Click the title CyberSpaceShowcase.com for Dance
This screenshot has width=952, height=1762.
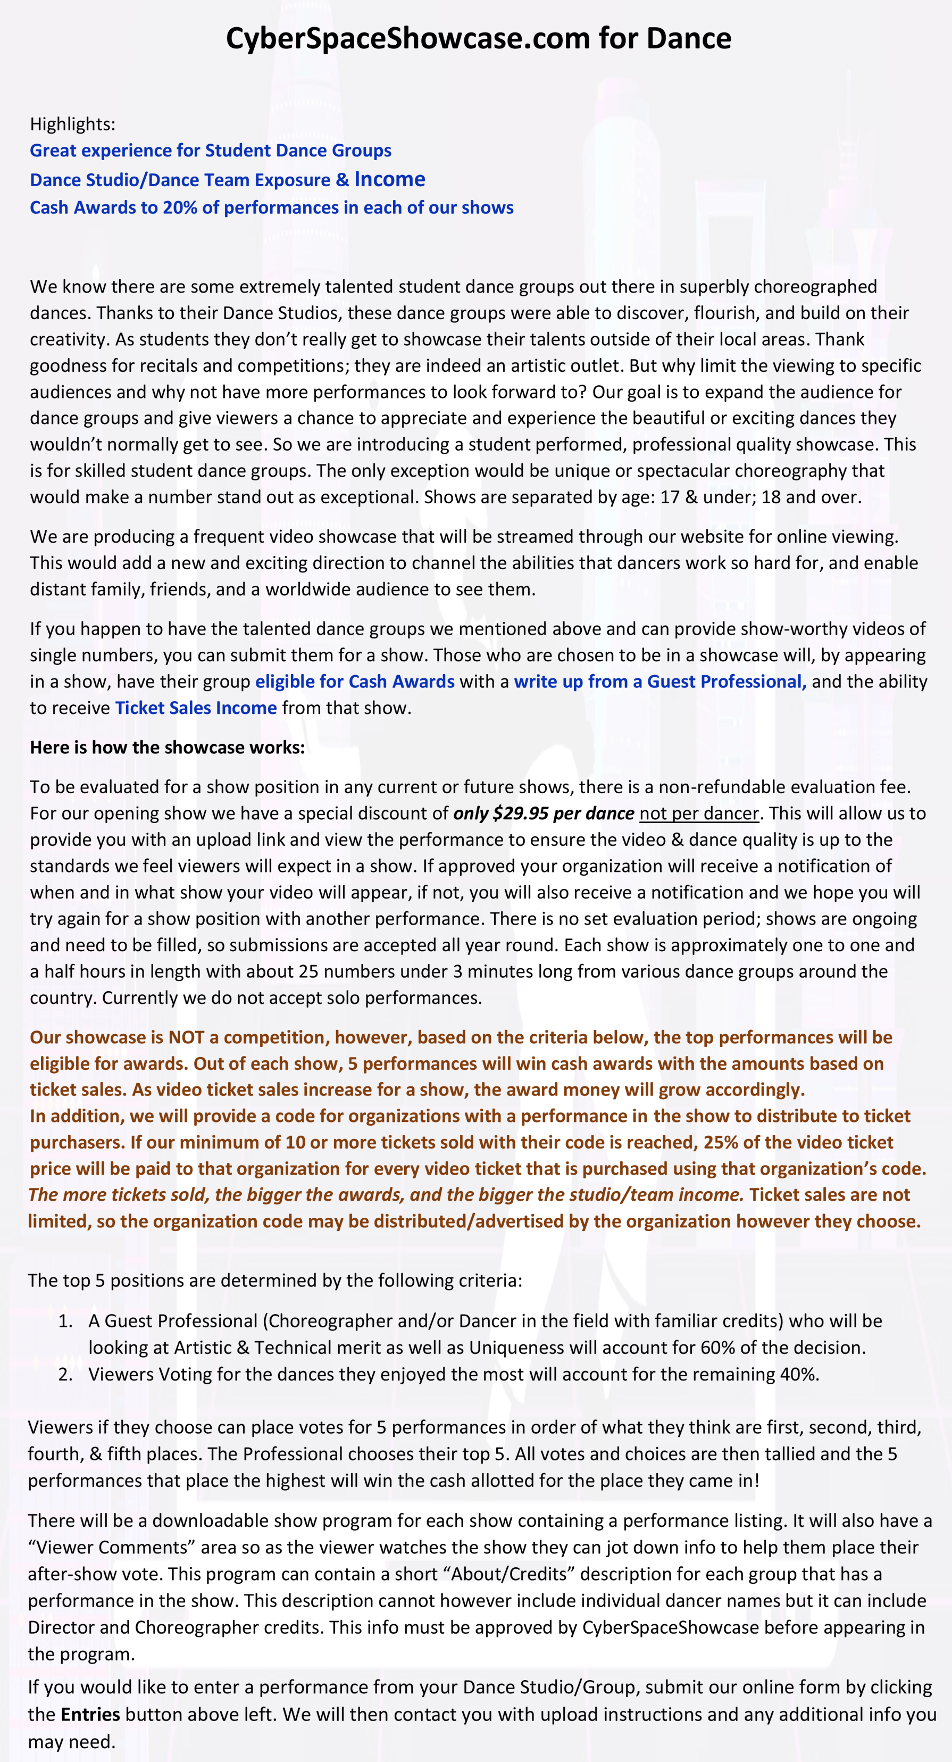tap(478, 38)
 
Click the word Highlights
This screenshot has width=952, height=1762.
tap(72, 124)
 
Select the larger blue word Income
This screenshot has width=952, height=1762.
tap(389, 179)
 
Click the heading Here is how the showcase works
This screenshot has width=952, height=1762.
tap(167, 747)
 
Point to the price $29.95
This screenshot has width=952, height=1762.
tap(521, 813)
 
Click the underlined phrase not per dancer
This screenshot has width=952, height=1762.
tap(699, 813)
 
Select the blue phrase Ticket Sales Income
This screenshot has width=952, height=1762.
tap(196, 708)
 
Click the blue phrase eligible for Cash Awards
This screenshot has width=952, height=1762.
tap(354, 681)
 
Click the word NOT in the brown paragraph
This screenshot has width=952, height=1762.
tap(186, 1037)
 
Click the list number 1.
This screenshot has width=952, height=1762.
tap(65, 1321)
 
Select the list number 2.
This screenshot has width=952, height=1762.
tap(65, 1374)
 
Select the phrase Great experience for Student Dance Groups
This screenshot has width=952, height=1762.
tap(211, 151)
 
